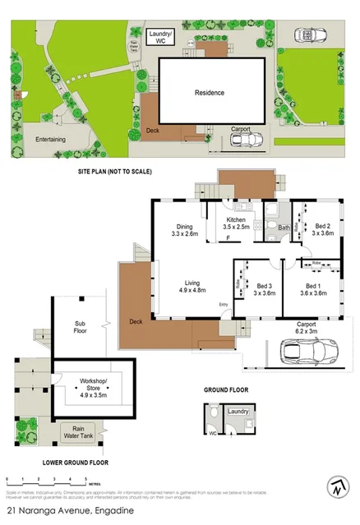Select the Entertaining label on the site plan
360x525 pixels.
point(50,140)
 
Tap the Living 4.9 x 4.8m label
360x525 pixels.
point(193,285)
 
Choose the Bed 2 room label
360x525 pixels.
point(321,229)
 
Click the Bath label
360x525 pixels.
point(284,228)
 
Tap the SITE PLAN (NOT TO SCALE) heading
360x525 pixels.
point(115,172)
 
